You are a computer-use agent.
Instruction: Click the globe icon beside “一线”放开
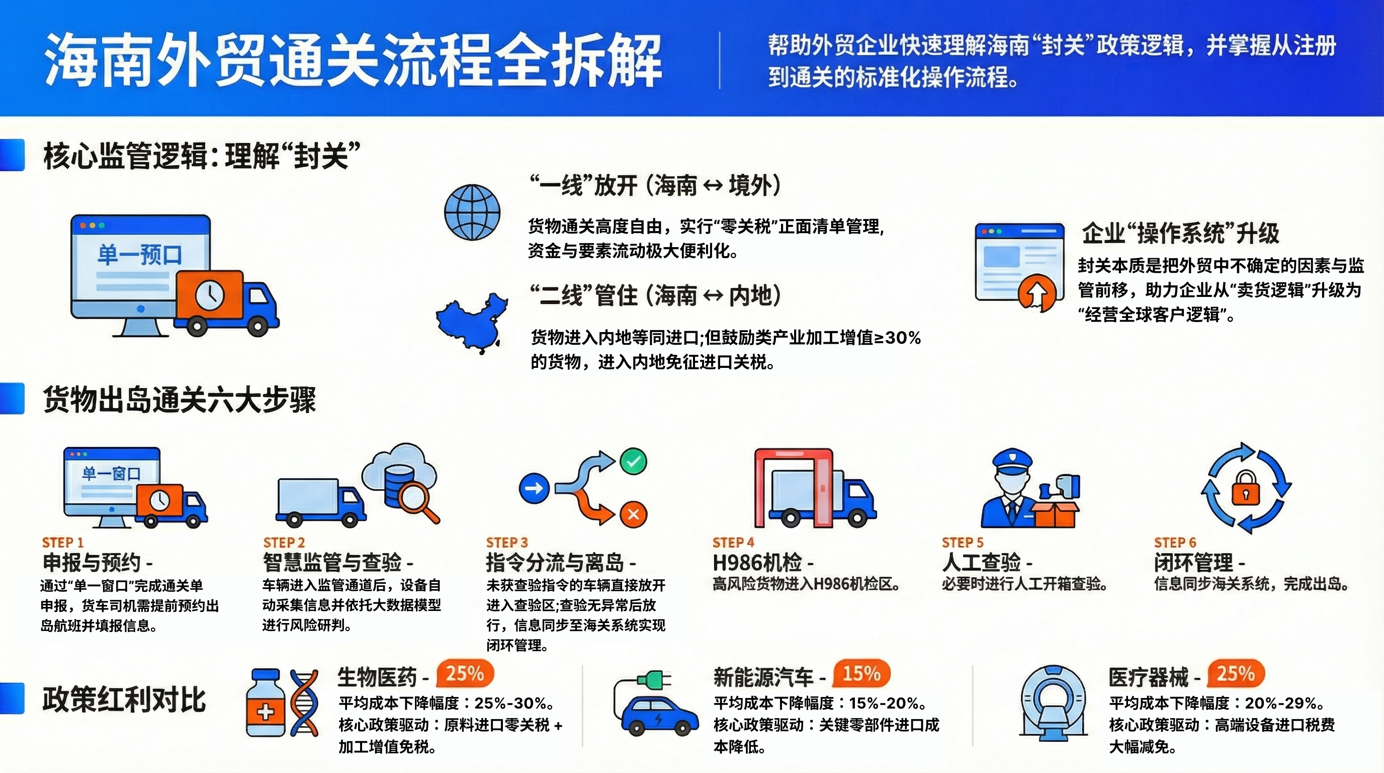click(472, 212)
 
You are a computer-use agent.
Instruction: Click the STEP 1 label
click(63, 543)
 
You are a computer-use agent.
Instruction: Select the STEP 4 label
click(733, 543)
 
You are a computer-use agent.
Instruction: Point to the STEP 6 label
click(1175, 543)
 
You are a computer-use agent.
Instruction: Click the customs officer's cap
click(1012, 460)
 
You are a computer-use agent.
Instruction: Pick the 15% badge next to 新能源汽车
click(861, 673)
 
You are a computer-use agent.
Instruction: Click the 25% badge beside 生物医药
click(465, 673)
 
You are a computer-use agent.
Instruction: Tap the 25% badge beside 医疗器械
click(1236, 673)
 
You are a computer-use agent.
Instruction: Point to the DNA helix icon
click(304, 702)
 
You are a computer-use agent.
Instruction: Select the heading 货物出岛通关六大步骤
click(180, 400)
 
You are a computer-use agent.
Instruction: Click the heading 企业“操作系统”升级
click(1180, 234)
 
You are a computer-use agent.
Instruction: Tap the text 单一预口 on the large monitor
click(140, 254)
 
